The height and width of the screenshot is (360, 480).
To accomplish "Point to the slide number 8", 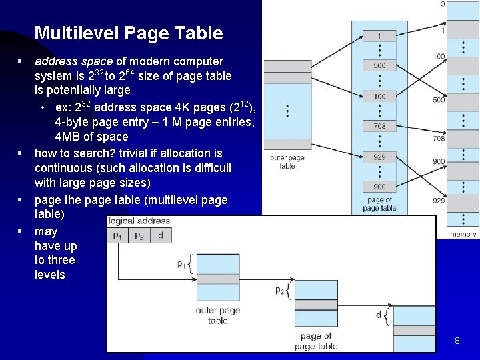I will coord(457,341).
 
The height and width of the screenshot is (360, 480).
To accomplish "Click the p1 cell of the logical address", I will coord(117,235).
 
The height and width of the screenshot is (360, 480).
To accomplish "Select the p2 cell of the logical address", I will coord(139,235).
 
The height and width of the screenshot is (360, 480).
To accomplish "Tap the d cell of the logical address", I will coord(160,235).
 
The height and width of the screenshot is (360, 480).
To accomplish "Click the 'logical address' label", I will coord(139,221).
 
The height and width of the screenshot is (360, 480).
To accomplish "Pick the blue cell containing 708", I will coord(379,126).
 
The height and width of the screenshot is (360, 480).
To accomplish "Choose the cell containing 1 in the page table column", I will coord(379,35).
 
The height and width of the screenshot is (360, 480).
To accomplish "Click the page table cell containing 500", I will coord(379,65).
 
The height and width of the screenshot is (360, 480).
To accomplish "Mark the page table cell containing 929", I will coord(379,157).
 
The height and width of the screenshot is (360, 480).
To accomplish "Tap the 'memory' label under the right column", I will coord(463,234).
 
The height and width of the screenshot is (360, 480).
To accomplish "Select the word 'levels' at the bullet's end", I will coord(50,275).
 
